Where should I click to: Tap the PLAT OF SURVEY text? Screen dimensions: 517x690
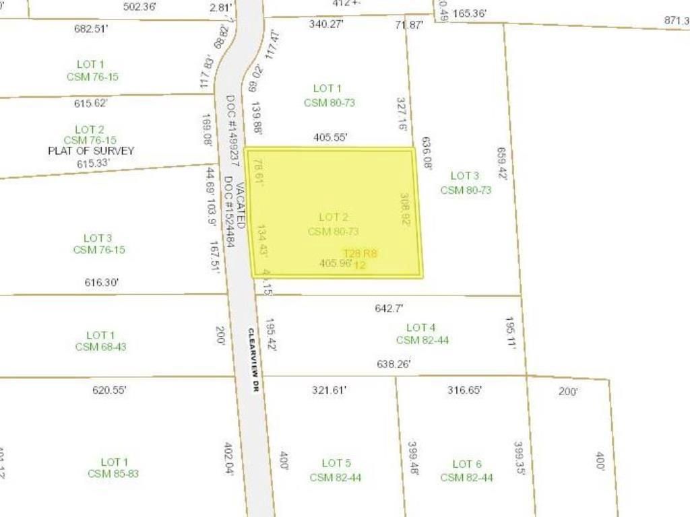tap(91, 151)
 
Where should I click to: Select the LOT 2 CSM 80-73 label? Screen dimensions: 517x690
tap(333, 224)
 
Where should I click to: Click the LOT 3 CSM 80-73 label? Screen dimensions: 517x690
tap(466, 183)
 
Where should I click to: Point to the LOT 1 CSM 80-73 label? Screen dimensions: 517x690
tap(329, 96)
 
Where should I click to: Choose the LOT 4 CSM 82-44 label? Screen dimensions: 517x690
tap(422, 333)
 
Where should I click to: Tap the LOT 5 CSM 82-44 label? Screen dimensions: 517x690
tap(336, 470)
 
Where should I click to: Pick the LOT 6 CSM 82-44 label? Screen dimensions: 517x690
tap(466, 471)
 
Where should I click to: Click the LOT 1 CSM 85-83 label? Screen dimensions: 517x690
tap(113, 468)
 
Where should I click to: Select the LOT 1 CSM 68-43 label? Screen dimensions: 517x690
tap(100, 341)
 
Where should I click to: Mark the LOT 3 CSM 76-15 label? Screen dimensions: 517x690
tap(98, 244)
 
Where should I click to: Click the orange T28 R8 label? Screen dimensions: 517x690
tap(360, 254)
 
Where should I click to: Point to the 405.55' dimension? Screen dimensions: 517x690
tap(330, 137)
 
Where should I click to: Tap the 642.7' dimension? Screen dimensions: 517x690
tap(388, 308)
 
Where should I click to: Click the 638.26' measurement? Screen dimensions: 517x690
tap(393, 364)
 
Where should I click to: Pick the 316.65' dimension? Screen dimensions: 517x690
tap(464, 390)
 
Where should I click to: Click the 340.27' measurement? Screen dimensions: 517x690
tap(327, 24)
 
